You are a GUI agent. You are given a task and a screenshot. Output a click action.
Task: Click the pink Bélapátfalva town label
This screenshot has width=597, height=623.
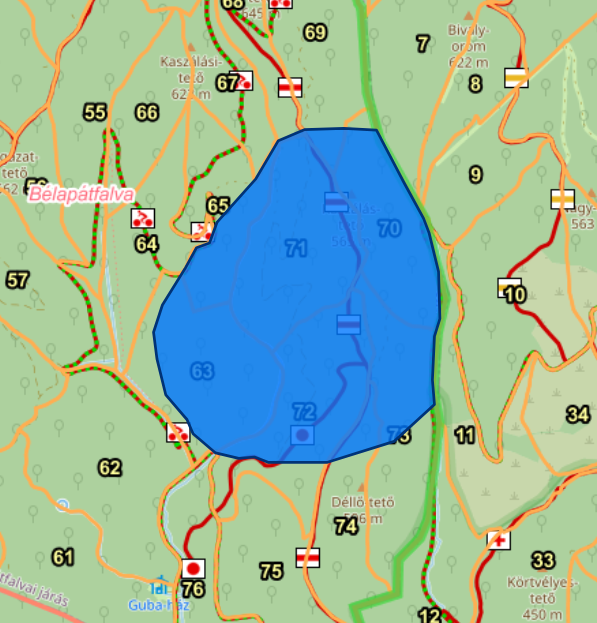pos(81,194)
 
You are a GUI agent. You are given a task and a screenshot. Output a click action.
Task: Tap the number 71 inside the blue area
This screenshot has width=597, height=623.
pos(295,249)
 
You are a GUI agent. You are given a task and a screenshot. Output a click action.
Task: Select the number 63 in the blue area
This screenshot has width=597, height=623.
pos(202,372)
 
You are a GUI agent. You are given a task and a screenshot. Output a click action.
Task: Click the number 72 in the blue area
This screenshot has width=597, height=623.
pos(304,411)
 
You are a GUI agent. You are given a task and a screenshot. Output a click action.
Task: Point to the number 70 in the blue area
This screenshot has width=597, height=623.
pos(389,229)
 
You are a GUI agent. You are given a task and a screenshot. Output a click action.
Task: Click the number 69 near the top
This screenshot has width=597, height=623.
pos(315,33)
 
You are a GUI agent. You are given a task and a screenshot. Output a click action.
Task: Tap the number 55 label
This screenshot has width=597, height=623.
pos(95,112)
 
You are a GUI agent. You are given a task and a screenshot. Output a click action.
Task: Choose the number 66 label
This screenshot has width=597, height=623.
pos(147,112)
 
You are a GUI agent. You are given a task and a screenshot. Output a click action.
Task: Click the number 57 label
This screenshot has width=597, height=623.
pos(17,280)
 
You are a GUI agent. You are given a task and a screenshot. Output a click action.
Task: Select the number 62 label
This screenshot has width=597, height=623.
pos(109,467)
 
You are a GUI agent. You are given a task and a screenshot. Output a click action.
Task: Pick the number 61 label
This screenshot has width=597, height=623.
pos(63,557)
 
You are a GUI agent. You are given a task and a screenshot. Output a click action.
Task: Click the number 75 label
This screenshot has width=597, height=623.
pos(271,571)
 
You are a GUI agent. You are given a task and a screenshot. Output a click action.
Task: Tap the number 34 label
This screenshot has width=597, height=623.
pos(577,414)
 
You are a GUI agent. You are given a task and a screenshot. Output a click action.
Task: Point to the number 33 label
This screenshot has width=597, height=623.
pos(543,560)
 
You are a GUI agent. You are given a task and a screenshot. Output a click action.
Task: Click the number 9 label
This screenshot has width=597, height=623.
pos(475,175)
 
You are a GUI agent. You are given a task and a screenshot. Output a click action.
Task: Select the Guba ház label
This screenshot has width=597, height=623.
pos(153,604)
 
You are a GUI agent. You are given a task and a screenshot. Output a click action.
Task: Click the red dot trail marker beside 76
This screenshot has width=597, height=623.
pos(193,568)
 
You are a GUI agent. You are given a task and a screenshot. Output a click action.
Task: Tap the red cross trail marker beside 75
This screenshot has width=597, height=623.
pos(307,557)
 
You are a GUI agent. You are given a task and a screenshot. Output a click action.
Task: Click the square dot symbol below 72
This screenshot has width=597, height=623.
pos(301,435)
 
